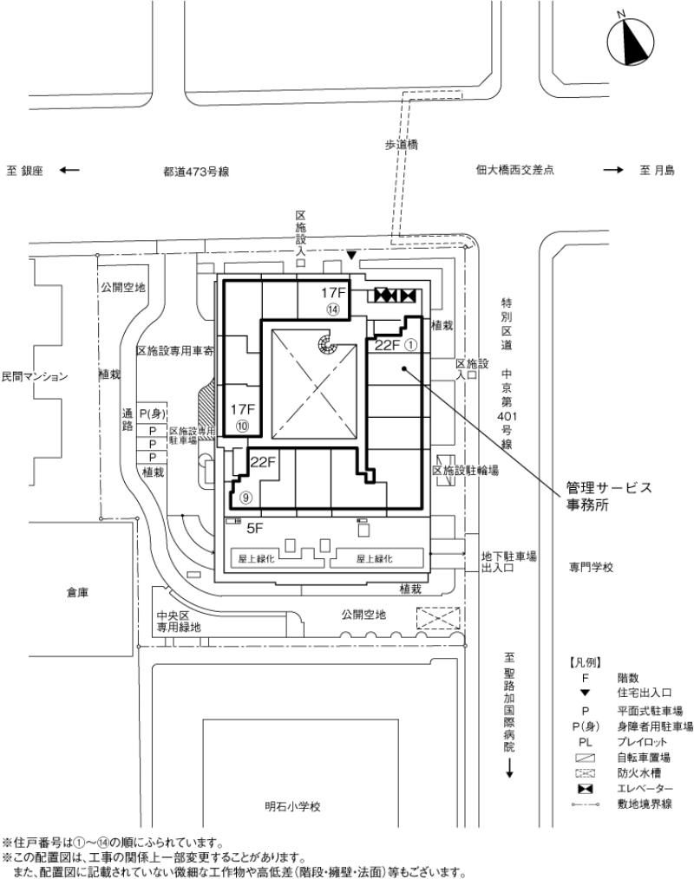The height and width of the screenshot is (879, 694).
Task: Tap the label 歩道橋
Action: click(401, 146)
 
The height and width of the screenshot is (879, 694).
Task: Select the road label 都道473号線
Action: click(195, 172)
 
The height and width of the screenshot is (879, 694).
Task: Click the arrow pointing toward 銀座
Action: click(69, 171)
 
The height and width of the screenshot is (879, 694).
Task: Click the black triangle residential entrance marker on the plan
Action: click(350, 255)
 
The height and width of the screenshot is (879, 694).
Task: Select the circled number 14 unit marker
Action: click(332, 309)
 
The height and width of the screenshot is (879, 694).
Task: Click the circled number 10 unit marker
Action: click(242, 426)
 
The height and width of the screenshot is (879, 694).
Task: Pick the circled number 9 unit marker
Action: click(246, 498)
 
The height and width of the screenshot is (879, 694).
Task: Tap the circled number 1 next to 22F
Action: click(412, 345)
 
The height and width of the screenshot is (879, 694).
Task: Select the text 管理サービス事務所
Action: click(607, 497)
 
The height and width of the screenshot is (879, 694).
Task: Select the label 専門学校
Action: click(591, 566)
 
